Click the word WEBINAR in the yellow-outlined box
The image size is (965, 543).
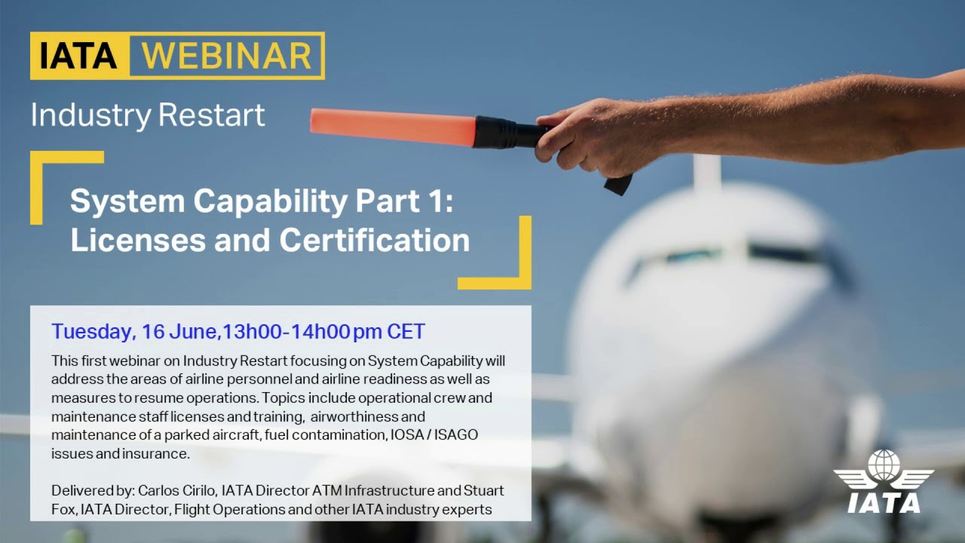(x=226, y=56)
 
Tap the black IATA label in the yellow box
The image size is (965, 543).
(x=79, y=56)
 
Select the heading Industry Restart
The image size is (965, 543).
(x=148, y=115)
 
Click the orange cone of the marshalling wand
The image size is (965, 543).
(x=392, y=126)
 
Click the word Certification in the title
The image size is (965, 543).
(x=375, y=240)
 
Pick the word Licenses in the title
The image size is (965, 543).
(x=134, y=240)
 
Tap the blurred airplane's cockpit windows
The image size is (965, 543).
(x=724, y=255)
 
